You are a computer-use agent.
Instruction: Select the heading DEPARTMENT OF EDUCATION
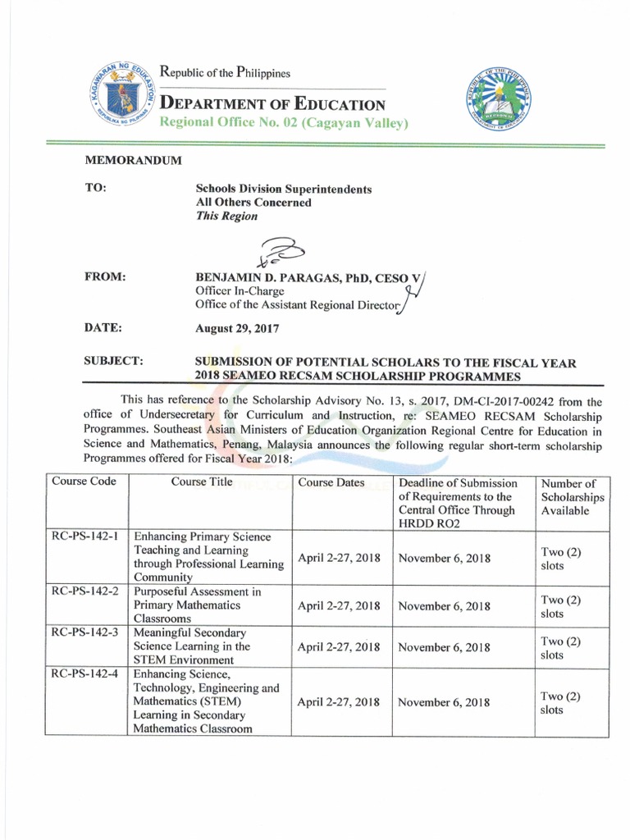[x=272, y=104]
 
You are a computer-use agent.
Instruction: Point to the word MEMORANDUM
[x=133, y=160]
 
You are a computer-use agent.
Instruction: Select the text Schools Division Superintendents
[x=283, y=189]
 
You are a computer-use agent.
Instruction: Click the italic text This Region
[x=226, y=217]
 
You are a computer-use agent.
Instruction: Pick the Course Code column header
[x=84, y=482]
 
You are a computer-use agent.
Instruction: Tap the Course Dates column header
[x=331, y=482]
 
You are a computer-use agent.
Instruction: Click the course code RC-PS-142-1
[x=85, y=536]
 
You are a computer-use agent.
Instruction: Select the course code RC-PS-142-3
[x=85, y=632]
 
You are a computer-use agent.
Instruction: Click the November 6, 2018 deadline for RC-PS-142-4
[x=444, y=702]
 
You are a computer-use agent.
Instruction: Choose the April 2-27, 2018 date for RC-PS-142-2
[x=339, y=606]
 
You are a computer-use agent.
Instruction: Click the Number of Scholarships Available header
[x=572, y=497]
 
